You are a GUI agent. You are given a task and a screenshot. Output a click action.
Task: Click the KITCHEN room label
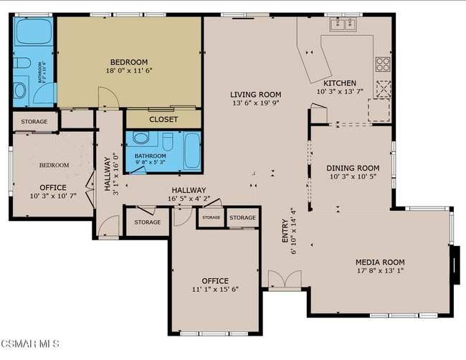340,83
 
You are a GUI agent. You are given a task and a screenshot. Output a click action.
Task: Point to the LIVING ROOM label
255,95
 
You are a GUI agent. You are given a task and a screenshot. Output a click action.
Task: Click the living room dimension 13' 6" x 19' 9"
255,103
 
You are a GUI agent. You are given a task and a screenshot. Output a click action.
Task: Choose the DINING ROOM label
353,169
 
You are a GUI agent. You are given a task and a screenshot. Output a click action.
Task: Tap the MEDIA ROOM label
381,262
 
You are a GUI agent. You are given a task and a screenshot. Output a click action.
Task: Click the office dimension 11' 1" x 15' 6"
215,289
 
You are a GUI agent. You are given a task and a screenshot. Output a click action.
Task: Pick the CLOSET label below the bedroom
163,120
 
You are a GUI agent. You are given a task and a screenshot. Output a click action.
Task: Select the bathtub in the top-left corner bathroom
33,32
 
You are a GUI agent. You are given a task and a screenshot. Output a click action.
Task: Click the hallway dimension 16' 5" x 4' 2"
188,199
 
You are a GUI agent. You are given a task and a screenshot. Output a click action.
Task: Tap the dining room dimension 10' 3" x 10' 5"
353,177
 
